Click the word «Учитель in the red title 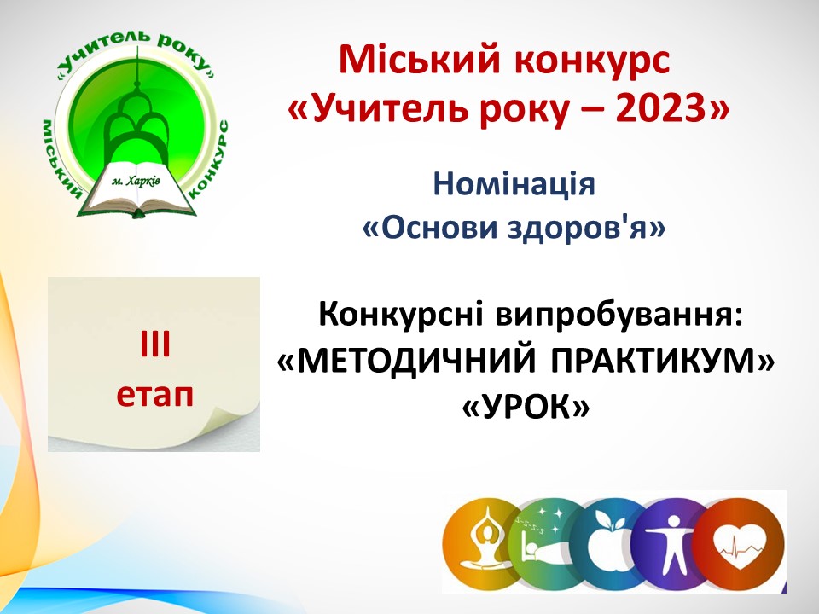click(371, 108)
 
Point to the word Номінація click(514, 184)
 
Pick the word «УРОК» click(526, 407)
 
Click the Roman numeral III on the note click(155, 345)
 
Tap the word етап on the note click(154, 395)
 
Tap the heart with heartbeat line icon click(741, 543)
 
